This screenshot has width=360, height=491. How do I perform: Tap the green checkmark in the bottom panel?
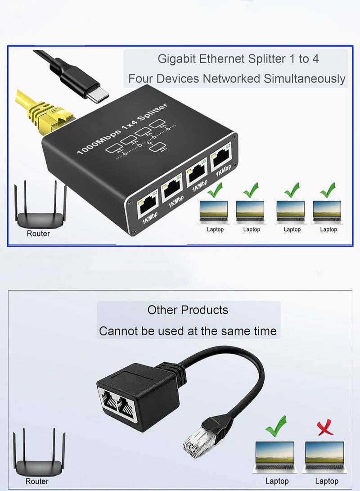(276, 426)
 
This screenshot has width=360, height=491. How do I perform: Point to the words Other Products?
(188, 310)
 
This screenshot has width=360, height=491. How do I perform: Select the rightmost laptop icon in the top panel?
(328, 212)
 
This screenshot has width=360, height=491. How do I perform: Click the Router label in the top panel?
(38, 234)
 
